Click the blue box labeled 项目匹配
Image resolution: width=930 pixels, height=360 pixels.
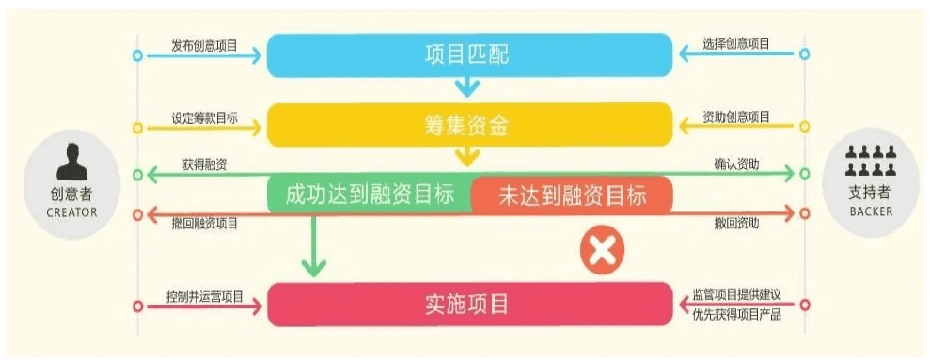pos(468,55)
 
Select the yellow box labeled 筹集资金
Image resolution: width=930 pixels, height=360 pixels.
pos(468,124)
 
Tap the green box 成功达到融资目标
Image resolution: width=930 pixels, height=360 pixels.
pos(370,195)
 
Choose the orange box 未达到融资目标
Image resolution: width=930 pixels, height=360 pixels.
pos(572,195)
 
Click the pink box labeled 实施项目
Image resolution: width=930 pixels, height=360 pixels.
pos(468,304)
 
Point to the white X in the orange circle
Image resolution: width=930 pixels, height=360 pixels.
pos(602,251)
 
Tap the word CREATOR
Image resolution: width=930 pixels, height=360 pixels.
pos(71,212)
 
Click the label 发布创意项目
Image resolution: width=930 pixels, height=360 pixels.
pos(204,44)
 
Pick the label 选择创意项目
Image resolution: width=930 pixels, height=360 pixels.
pos(735,44)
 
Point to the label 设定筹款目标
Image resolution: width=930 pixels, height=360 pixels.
pos(204,117)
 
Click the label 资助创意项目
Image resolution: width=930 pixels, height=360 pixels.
pos(735,117)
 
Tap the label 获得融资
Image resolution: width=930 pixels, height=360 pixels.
pos(204,164)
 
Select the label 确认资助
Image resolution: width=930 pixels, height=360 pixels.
pos(736,164)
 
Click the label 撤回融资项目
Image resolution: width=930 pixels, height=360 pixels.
pos(204,224)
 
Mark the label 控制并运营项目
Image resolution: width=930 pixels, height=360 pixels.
pos(204,296)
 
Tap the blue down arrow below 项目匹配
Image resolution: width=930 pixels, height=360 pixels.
pos(467,87)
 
